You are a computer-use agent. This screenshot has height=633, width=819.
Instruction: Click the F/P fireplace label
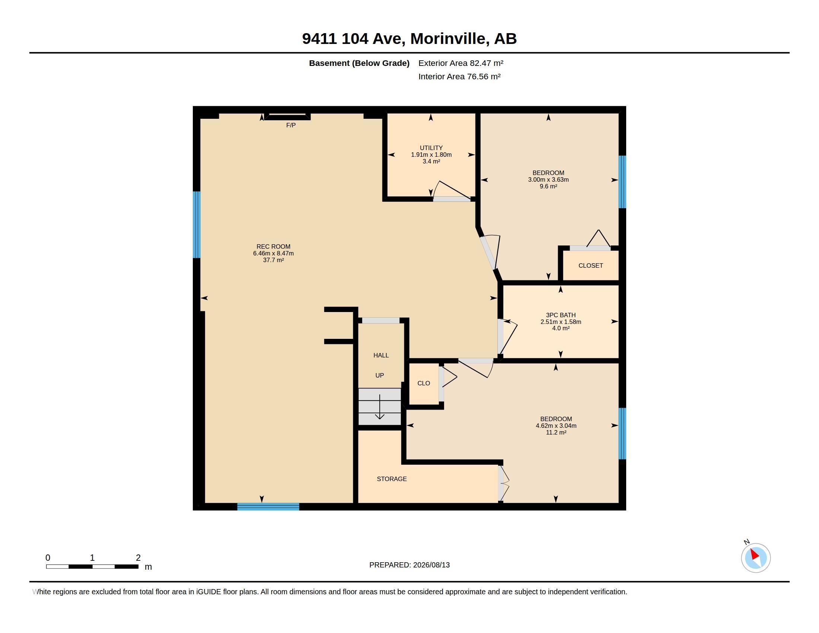click(x=291, y=125)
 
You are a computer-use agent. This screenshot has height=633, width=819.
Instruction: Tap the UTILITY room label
click(x=431, y=148)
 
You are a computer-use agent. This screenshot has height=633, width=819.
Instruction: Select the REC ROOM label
click(x=273, y=246)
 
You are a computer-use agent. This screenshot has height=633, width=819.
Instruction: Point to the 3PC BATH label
click(x=561, y=315)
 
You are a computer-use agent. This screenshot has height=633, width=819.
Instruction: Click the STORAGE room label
click(x=392, y=479)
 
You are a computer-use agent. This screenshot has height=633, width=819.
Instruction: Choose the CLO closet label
click(x=424, y=383)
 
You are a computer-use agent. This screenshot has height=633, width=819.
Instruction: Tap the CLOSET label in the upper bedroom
click(x=591, y=265)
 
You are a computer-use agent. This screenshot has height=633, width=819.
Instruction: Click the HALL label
click(x=381, y=355)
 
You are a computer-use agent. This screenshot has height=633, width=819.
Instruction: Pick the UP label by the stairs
click(x=379, y=375)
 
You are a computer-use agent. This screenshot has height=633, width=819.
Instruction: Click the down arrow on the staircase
click(x=380, y=407)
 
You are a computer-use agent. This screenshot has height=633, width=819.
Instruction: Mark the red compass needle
click(x=755, y=554)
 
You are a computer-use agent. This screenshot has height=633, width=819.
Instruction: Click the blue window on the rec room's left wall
click(x=197, y=225)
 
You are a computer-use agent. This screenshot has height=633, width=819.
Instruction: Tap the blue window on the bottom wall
click(x=268, y=507)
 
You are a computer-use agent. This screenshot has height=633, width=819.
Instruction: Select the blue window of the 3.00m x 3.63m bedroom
click(x=622, y=182)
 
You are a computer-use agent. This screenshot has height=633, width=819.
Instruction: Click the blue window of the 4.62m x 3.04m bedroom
click(x=622, y=433)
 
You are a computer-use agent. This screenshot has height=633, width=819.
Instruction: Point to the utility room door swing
click(x=452, y=191)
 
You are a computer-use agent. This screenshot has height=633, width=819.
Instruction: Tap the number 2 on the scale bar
click(x=138, y=558)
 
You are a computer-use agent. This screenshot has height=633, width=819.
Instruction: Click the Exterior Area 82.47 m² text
click(x=461, y=63)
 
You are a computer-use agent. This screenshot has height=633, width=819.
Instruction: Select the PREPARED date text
click(x=409, y=565)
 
